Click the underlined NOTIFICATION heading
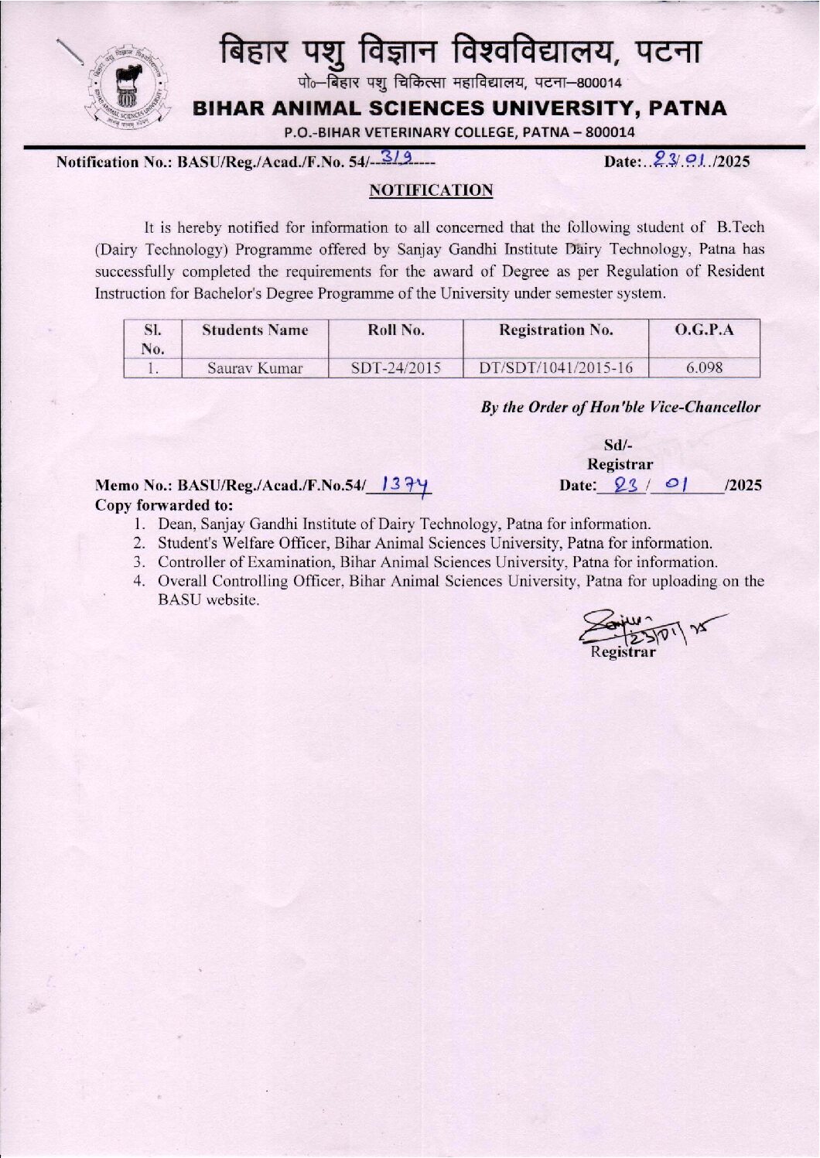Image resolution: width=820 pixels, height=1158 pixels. (x=431, y=190)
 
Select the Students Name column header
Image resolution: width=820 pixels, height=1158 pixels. (x=255, y=330)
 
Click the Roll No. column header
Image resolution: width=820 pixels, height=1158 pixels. (x=395, y=330)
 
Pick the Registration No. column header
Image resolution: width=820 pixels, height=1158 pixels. (x=555, y=330)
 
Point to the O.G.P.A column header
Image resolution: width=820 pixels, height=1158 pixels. (x=704, y=330)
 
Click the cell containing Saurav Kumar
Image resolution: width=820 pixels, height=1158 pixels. (x=255, y=368)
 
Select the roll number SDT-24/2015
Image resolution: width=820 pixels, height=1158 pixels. (x=395, y=368)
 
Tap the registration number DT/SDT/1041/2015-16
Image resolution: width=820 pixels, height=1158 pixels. (x=555, y=368)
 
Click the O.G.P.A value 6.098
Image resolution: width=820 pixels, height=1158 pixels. (x=704, y=368)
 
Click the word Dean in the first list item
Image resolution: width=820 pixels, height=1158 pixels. (x=176, y=524)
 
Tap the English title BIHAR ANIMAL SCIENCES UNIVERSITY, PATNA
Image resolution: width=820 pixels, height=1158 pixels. (x=460, y=108)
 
